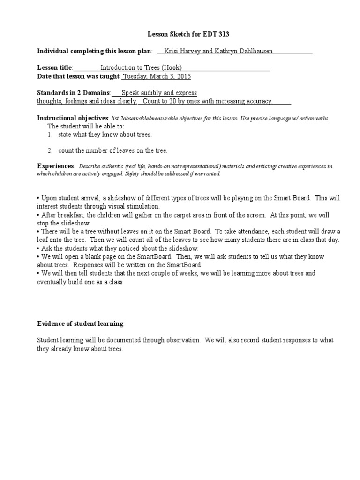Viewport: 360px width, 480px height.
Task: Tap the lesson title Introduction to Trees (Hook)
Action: pyautogui.click(x=141, y=67)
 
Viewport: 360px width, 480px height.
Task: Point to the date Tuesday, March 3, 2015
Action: pyautogui.click(x=157, y=76)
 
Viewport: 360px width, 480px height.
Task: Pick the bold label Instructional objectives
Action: pyautogui.click(x=73, y=118)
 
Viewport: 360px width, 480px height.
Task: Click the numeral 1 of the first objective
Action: pyautogui.click(x=49, y=135)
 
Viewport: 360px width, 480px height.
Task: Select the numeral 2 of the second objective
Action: pyautogui.click(x=49, y=150)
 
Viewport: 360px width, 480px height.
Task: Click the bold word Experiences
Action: pyautogui.click(x=55, y=166)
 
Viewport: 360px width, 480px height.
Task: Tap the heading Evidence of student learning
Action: pyautogui.click(x=80, y=323)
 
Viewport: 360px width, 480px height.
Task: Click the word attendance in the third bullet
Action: pyautogui.click(x=254, y=232)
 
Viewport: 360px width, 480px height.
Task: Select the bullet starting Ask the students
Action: pyautogui.click(x=119, y=248)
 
